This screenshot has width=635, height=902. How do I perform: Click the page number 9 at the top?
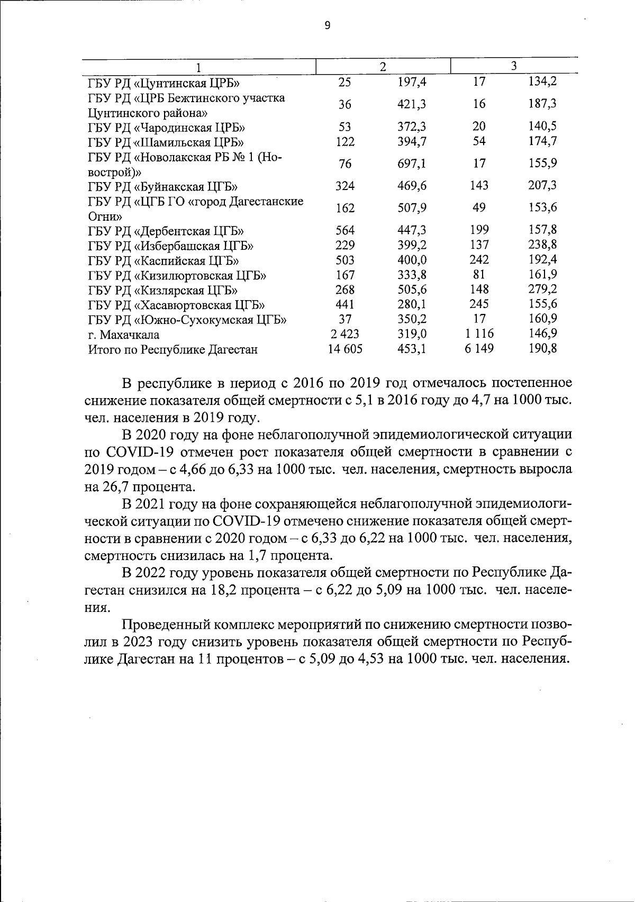[x=327, y=25]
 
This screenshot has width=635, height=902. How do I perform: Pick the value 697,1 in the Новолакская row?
[x=412, y=164]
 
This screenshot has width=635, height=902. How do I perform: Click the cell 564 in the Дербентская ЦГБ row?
[x=345, y=230]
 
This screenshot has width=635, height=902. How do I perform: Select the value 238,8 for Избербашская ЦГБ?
[x=542, y=245]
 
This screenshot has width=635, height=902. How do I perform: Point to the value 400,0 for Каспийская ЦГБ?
[x=412, y=260]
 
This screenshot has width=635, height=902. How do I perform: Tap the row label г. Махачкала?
[x=124, y=335]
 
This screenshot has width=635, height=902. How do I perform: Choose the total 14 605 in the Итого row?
[x=345, y=349]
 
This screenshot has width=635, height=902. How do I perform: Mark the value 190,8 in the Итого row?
[x=542, y=348]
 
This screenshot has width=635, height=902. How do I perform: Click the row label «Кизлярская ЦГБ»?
[x=162, y=290]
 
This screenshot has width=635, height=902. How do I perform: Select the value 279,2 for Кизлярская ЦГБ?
[x=542, y=289]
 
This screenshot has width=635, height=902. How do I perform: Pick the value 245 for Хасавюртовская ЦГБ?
[x=479, y=304]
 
